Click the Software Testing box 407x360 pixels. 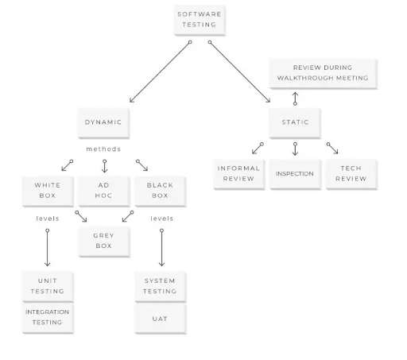click(x=200, y=19)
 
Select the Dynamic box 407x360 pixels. click(x=103, y=122)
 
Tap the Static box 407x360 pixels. click(x=295, y=122)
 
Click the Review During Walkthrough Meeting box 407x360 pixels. click(x=322, y=73)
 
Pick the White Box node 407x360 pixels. click(x=47, y=191)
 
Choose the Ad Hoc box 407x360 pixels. click(x=103, y=191)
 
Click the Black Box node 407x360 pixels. click(x=161, y=191)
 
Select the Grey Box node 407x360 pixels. click(x=103, y=241)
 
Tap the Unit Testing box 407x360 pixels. click(x=47, y=286)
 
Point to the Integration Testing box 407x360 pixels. click(x=47, y=317)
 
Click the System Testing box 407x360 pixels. click(x=160, y=286)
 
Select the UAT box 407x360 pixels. click(x=160, y=318)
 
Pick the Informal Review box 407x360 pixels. click(x=238, y=174)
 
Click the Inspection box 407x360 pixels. click(x=295, y=174)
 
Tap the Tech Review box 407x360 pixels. click(x=351, y=174)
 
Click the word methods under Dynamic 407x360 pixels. click(x=104, y=149)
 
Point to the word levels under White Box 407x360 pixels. click(x=48, y=218)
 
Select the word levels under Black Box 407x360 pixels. click(x=161, y=218)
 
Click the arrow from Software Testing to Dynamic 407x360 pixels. click(x=159, y=72)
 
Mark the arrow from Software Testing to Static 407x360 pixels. click(x=240, y=72)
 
